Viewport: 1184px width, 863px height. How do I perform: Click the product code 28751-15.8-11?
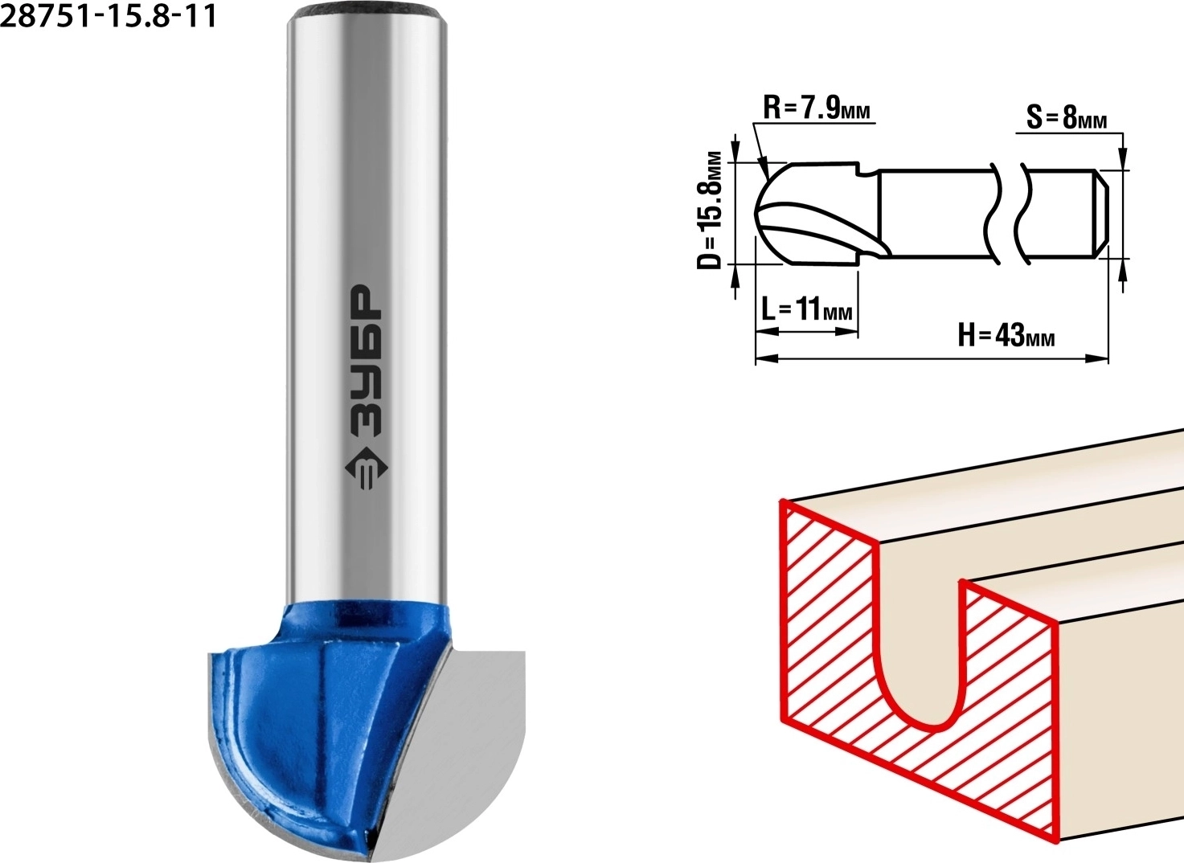[x=109, y=16]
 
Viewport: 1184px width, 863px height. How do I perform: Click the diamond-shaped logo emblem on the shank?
[x=366, y=469]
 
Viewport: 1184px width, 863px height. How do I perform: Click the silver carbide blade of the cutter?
[x=455, y=751]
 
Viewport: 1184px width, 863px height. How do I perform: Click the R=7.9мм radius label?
[x=816, y=110]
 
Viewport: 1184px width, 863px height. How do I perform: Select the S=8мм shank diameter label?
[x=1067, y=118]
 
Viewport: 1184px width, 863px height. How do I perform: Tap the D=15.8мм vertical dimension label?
[x=709, y=211]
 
